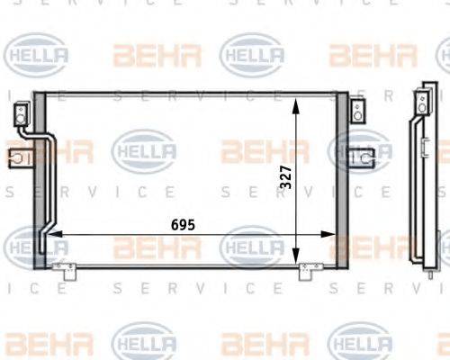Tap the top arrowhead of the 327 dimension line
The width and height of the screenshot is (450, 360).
tap(298, 100)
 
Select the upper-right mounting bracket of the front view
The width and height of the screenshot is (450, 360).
tap(357, 112)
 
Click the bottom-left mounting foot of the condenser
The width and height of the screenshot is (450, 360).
tap(61, 267)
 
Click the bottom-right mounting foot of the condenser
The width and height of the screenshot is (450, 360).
tap(309, 267)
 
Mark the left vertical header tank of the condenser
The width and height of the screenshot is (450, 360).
tap(39, 180)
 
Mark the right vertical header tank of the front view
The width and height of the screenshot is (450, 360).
tap(342, 180)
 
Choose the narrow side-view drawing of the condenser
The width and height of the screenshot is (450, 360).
tap(421, 180)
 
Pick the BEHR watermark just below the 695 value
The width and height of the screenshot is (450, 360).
tap(157, 247)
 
